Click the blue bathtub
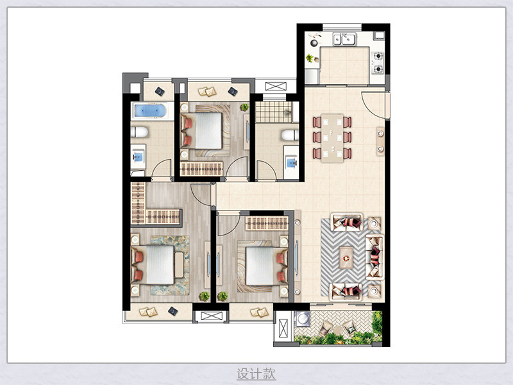pyautogui.click(x=149, y=110)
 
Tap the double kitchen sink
pyautogui.click(x=344, y=38)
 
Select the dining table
pyautogui.click(x=332, y=138)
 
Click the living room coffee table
pyautogui.click(x=346, y=258)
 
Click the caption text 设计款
pyautogui.click(x=256, y=373)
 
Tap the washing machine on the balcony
pyautogui.click(x=302, y=318)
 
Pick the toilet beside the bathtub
pyautogui.click(x=139, y=132)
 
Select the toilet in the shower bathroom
pyautogui.click(x=290, y=135)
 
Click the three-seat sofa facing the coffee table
pyautogui.click(x=374, y=257)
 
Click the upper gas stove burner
pyautogui.click(x=378, y=56)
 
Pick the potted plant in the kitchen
pyautogui.click(x=310, y=58)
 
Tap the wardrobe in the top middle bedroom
pyautogui.click(x=201, y=169)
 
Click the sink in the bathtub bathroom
pyautogui.click(x=139, y=157)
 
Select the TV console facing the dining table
pyautogui.click(x=380, y=141)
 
